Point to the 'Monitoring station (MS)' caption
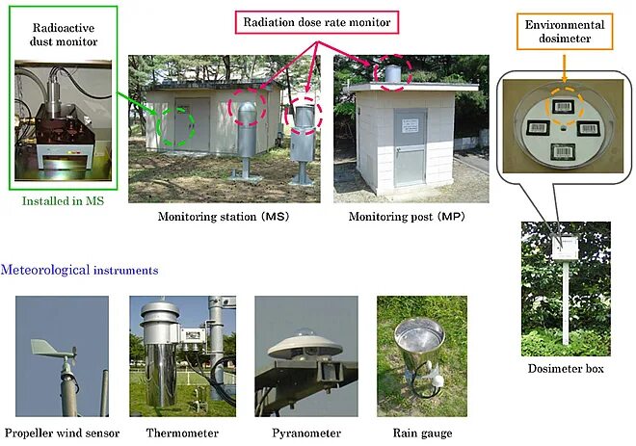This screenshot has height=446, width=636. (x=224, y=216)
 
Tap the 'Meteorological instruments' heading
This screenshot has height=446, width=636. (x=80, y=270)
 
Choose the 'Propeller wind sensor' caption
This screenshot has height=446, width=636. (x=61, y=433)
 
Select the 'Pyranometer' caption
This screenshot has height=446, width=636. (x=305, y=433)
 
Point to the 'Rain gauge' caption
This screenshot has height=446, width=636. (x=421, y=433)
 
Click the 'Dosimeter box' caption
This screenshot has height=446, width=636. (x=566, y=368)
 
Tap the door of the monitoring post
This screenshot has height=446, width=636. (x=410, y=146)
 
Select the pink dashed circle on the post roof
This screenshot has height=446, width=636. (x=391, y=72)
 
